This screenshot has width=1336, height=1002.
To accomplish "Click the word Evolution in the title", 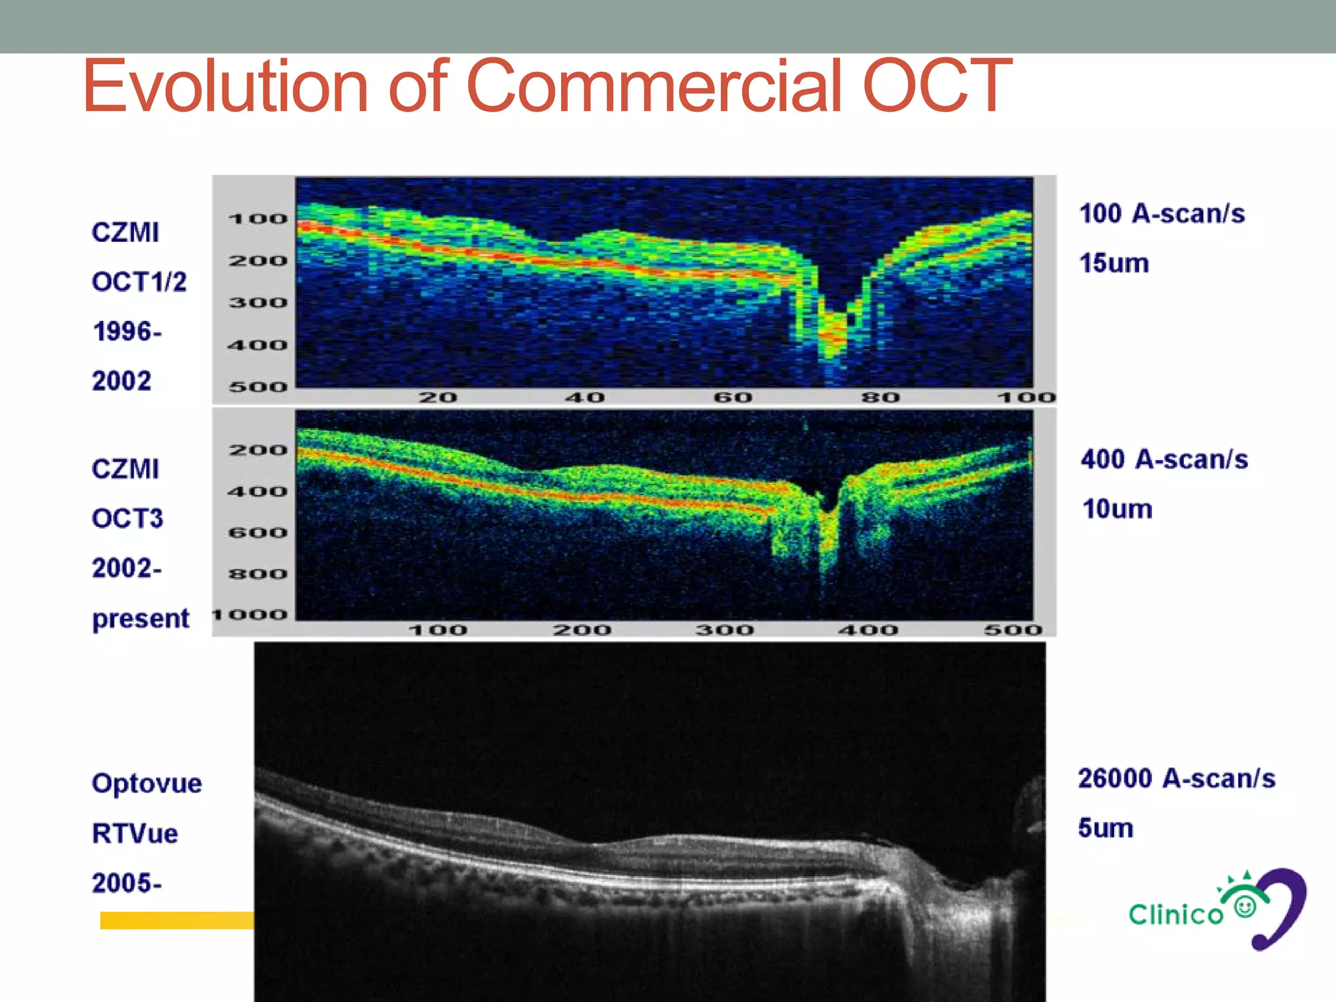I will [x=225, y=86].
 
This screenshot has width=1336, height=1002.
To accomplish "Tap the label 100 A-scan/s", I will [x=1162, y=214].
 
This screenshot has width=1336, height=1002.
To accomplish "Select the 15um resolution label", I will [x=1114, y=264].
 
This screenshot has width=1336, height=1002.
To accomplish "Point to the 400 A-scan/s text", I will [x=1164, y=459].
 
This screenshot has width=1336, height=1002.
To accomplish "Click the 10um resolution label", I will [x=1117, y=509].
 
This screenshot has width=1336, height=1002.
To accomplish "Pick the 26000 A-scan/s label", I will [x=1176, y=778].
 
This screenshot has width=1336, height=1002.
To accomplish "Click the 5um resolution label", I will [x=1105, y=828].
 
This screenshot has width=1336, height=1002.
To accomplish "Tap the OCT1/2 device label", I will [x=139, y=282].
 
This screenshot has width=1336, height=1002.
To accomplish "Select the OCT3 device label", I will [x=127, y=519].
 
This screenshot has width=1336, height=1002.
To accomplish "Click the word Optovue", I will [x=147, y=783].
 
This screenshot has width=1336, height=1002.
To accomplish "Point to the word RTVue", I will [x=134, y=833].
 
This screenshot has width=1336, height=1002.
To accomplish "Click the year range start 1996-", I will [x=127, y=331].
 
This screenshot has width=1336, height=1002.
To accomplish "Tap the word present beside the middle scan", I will [x=140, y=618].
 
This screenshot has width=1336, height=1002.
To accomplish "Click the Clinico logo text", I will [x=1176, y=915].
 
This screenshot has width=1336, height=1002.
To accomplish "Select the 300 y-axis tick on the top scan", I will [x=258, y=303].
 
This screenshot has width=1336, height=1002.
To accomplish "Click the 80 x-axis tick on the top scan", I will [x=880, y=397].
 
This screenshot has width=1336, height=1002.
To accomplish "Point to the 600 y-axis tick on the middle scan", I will [x=258, y=533].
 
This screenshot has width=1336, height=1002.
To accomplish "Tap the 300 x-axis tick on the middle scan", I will [x=724, y=630].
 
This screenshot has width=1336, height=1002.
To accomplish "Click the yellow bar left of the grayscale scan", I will [x=176, y=920].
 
